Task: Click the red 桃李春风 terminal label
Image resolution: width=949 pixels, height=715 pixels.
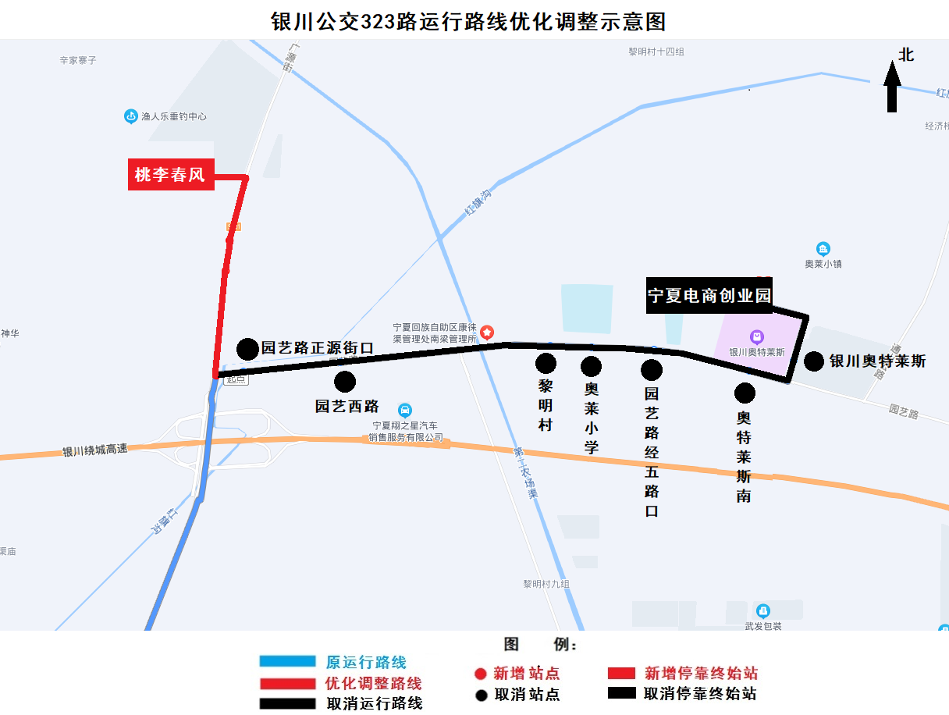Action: pos(170,175)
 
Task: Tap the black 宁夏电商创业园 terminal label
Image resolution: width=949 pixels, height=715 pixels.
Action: pos(709,296)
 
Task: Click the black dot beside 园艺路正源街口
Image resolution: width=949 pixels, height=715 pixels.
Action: pos(247,349)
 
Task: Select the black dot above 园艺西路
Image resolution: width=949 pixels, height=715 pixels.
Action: pos(344,382)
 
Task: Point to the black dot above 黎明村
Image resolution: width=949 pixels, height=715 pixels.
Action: pos(546,363)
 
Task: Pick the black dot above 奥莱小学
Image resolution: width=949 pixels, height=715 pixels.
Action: pos(591,366)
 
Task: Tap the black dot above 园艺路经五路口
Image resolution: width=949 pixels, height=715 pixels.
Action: pos(652,369)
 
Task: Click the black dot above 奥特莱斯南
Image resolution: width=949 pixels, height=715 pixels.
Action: pos(745,393)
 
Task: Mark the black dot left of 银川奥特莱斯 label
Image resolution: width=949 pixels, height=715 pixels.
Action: pos(814,361)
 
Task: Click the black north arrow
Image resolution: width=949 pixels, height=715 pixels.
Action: pos(892,87)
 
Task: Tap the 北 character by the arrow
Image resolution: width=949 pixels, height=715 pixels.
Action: pos(906,55)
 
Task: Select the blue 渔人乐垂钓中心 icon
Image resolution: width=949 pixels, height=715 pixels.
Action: pos(131,116)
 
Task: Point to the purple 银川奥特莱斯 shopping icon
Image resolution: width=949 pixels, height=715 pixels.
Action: pos(756,337)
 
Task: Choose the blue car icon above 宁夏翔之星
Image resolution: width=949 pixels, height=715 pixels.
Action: pos(404,410)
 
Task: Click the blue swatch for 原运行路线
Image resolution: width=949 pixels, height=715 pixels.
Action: pos(287,662)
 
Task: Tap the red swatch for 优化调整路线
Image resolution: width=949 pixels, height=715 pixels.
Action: pos(287,683)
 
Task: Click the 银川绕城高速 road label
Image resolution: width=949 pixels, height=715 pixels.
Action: pos(94,450)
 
